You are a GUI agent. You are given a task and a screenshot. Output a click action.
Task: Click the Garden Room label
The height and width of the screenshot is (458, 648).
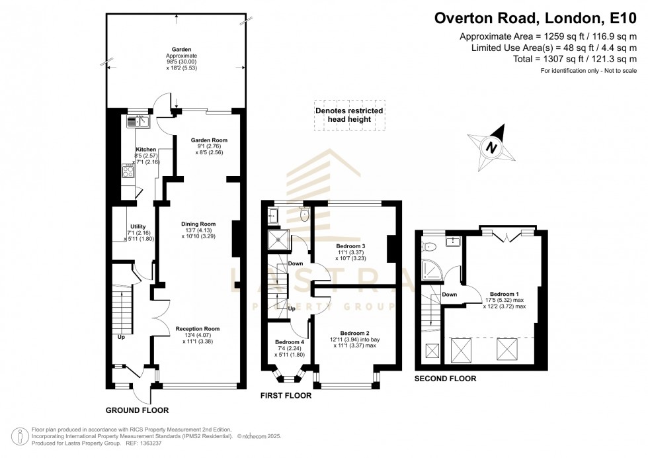pos(209,140)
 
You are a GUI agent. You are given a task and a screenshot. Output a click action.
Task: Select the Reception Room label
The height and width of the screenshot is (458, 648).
pos(197,328)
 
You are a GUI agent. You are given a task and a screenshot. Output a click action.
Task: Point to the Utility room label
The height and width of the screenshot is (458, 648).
pos(138,226)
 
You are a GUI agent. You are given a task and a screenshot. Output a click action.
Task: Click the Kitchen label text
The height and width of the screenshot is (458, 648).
pos(145,150)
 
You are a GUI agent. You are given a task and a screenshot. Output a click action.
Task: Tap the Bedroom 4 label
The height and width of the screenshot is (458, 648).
pos(289,342)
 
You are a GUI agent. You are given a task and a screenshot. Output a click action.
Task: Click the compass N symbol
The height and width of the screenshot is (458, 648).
pos(490,147)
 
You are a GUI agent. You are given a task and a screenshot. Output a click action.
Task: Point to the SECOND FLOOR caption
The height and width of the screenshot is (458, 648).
pos(445,379)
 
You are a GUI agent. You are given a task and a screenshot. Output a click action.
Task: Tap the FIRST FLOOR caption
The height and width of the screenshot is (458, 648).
pos(286,396)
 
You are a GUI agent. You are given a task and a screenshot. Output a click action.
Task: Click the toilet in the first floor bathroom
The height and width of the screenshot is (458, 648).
pos(304,214)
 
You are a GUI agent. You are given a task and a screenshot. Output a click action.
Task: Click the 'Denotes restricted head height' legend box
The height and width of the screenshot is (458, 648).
pos(348,115)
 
